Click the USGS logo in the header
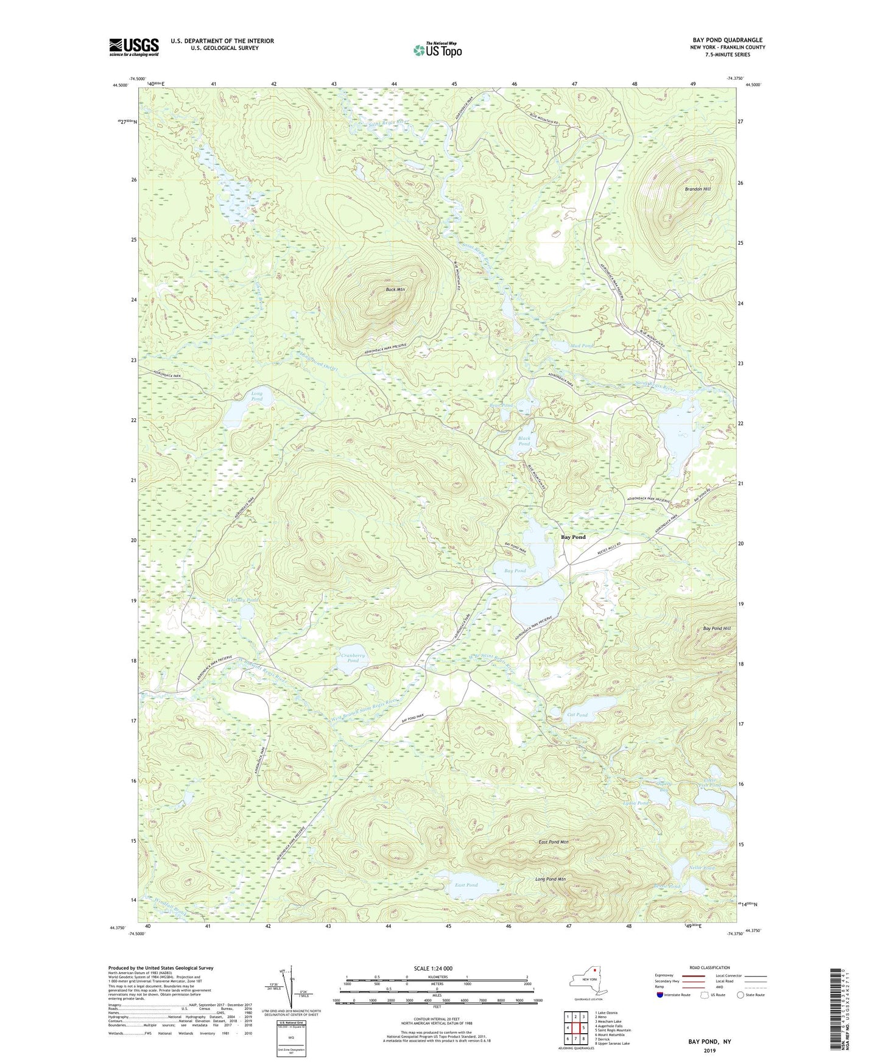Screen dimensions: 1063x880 click(x=134, y=47)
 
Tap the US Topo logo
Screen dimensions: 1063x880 click(x=437, y=50)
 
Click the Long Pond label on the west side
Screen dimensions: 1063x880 click(x=257, y=396)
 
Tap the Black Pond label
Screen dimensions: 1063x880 click(x=524, y=441)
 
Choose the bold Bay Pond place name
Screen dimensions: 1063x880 click(x=573, y=537)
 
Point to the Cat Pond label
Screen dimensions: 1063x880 click(x=577, y=715)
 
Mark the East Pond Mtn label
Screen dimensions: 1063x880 click(x=553, y=842)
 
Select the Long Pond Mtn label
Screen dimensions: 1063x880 click(x=551, y=879)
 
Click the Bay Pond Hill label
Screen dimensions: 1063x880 click(x=716, y=628)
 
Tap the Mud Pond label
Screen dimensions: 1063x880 click(x=582, y=346)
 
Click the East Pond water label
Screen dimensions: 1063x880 click(x=466, y=885)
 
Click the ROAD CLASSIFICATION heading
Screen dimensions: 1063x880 click(x=709, y=967)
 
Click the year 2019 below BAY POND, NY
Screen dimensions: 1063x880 click(x=709, y=1050)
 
